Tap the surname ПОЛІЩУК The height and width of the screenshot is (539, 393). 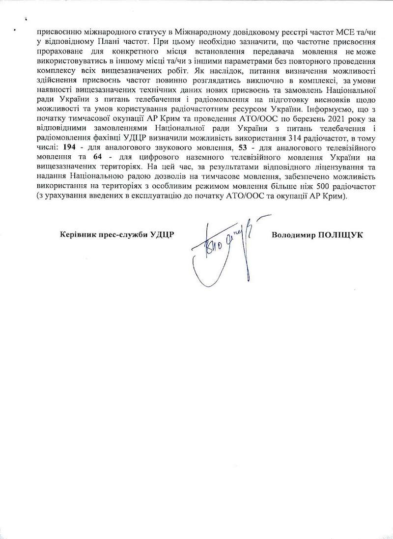340,235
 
